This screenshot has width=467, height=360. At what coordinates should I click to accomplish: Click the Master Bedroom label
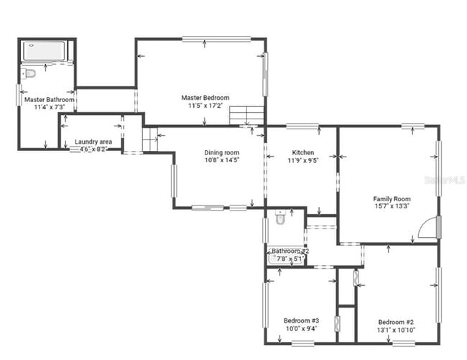click(x=205, y=98)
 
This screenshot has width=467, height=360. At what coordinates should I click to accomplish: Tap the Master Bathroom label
click(x=50, y=99)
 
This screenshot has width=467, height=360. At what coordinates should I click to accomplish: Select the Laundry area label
click(x=93, y=142)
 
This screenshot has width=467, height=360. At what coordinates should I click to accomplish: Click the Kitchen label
click(x=302, y=153)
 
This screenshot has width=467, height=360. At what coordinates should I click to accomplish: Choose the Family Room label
click(x=391, y=199)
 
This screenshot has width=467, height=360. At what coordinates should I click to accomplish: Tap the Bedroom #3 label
click(x=300, y=320)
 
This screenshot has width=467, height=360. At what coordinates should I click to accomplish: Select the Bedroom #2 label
click(x=395, y=322)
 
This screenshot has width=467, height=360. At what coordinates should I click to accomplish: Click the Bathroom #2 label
click(x=289, y=251)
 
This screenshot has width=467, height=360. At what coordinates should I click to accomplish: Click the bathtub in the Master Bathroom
click(x=44, y=51)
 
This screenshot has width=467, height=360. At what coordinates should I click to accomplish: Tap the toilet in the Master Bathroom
click(x=29, y=73)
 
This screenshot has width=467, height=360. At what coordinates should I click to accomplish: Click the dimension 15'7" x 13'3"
click(x=392, y=207)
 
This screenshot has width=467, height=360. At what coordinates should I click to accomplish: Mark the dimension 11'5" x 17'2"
click(x=205, y=106)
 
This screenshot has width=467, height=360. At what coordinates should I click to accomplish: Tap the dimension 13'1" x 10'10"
click(x=395, y=330)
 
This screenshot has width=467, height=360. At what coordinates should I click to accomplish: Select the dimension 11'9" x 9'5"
click(x=302, y=161)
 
